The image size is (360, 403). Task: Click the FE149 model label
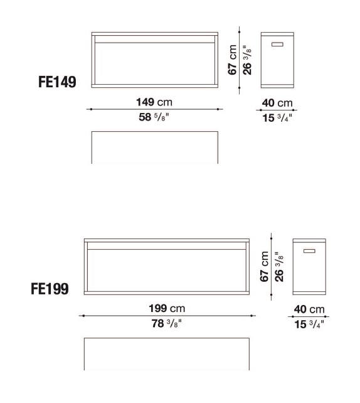pos(58,83)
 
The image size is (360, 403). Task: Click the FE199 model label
pos(50,289)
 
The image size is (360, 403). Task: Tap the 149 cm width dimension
pos(154,101)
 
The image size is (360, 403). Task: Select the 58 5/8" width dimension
pos(154,117)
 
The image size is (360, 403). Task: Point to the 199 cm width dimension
pos(166,308)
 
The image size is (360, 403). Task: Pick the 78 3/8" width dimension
pos(166,324)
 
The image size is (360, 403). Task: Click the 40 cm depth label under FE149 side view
pos(277,103)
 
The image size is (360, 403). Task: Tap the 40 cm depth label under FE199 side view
pos(309,309)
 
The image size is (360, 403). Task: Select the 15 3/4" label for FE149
pos(277,117)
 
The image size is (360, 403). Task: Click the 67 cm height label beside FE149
pos(233,60)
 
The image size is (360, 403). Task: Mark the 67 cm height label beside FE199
pos(265,267)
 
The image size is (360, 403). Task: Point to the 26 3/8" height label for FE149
pos(247,60)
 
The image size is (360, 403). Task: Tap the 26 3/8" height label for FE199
pos(279,267)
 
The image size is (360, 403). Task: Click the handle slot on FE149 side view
pos(277,44)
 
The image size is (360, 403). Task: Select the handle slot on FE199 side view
pos(309,251)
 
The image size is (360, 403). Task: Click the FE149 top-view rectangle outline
pos(155,147)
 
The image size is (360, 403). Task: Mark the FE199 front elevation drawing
pos(166,266)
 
